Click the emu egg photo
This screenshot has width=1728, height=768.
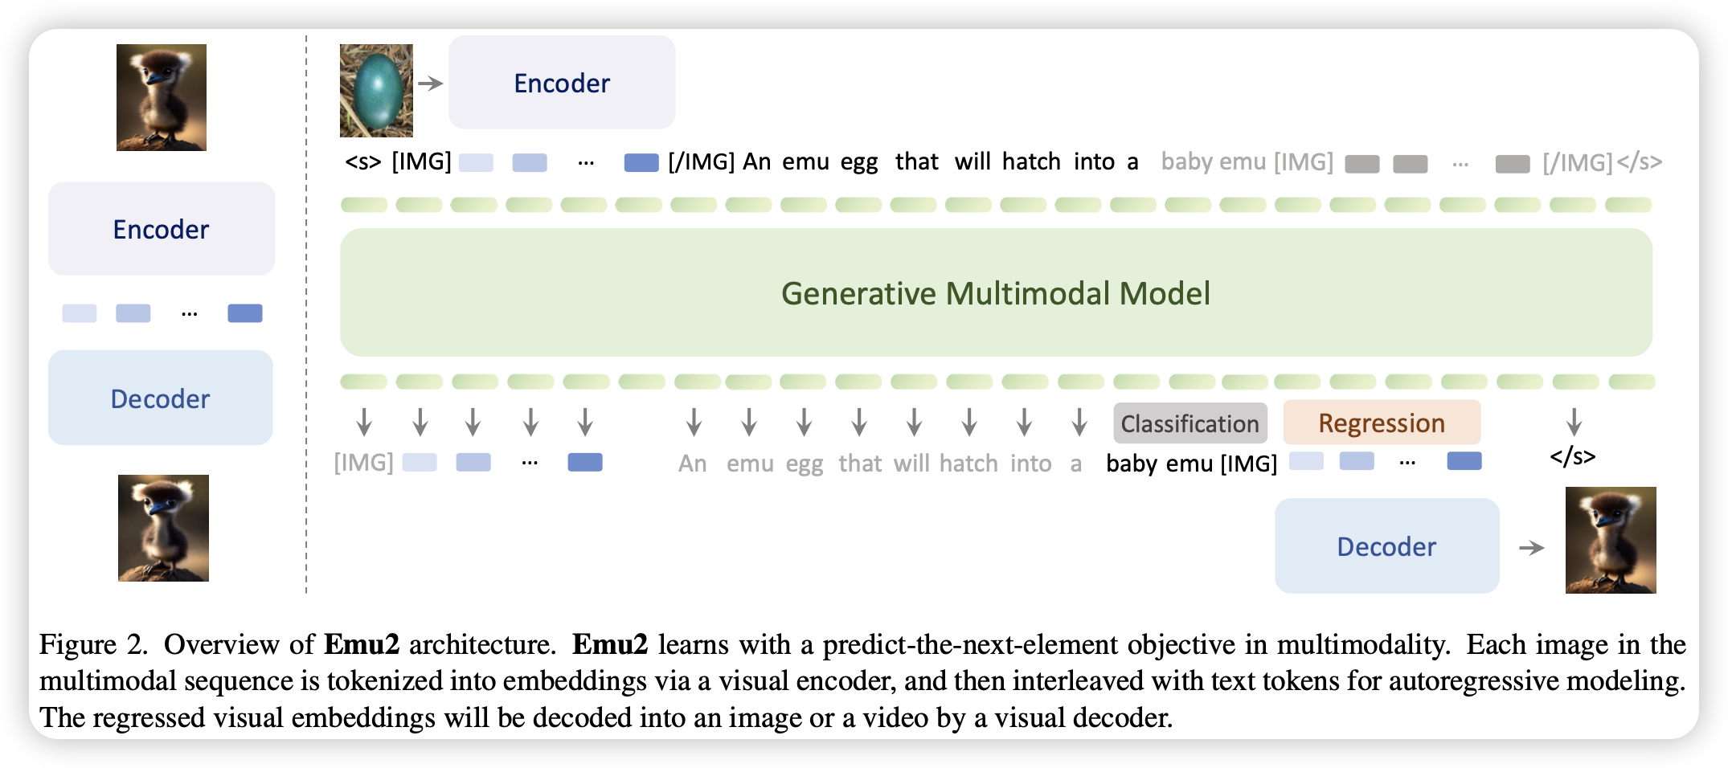pyautogui.click(x=376, y=90)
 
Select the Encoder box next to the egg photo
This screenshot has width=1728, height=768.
pyautogui.click(x=562, y=82)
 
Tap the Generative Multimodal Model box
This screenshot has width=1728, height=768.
pyautogui.click(x=996, y=292)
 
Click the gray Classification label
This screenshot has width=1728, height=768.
pyautogui.click(x=1190, y=423)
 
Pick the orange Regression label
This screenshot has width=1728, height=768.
pyautogui.click(x=1382, y=423)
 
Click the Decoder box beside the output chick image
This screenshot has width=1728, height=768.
pyautogui.click(x=1386, y=546)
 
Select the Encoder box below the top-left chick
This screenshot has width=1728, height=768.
pyautogui.click(x=161, y=229)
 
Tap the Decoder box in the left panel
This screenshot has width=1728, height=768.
pyautogui.click(x=160, y=398)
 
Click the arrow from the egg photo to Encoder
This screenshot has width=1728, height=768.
pyautogui.click(x=431, y=83)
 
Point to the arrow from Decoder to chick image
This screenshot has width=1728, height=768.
pyautogui.click(x=1532, y=548)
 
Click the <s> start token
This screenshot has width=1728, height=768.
pyautogui.click(x=362, y=161)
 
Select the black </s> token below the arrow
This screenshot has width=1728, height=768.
pyautogui.click(x=1573, y=457)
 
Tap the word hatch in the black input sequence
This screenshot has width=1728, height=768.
pyautogui.click(x=1031, y=161)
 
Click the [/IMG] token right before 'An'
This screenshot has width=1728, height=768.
pyautogui.click(x=702, y=161)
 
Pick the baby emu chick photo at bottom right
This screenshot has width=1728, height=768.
pyautogui.click(x=1611, y=540)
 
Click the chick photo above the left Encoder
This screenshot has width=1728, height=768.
pyautogui.click(x=162, y=97)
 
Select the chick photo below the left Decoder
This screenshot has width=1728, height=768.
pyautogui.click(x=163, y=528)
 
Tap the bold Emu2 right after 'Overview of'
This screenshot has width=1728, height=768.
pyautogui.click(x=362, y=644)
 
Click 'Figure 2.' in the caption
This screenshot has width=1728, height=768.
pyautogui.click(x=93, y=645)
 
